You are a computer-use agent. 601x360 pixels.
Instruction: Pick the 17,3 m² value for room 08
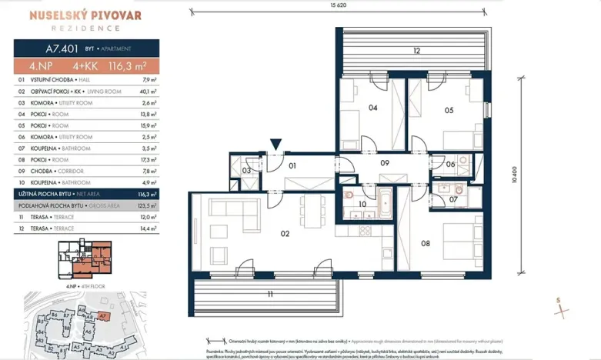coord(148,159)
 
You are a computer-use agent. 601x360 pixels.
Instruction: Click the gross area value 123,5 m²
coord(146,206)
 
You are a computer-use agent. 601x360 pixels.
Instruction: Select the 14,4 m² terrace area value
coord(148,229)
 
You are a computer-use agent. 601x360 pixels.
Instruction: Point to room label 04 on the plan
coord(372,108)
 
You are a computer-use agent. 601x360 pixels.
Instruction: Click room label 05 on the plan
coord(449,111)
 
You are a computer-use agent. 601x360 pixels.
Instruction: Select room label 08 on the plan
coord(425,244)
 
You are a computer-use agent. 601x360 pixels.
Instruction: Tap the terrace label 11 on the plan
coord(269,294)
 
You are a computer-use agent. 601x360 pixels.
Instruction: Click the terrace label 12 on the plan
coord(416,52)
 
